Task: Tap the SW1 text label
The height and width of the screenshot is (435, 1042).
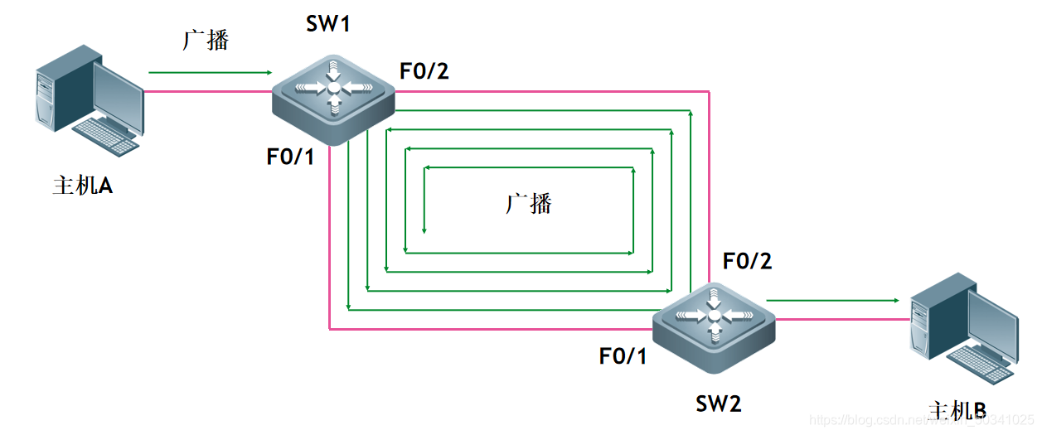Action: pos(328,24)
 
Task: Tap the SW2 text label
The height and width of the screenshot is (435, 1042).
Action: pos(718,404)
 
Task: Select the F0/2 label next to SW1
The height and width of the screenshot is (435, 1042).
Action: pos(424,71)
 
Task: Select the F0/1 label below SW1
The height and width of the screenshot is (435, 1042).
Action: pos(290,157)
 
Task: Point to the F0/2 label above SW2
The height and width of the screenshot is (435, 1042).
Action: pos(747,261)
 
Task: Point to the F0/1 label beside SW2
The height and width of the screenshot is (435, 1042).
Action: pos(623,356)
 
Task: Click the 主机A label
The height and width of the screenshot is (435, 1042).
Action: pos(83,186)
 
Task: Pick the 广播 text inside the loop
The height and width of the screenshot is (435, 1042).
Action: pos(528,203)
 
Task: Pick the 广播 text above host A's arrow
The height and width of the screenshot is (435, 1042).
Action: pos(206,40)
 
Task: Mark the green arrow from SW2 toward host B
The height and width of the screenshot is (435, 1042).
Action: pos(832,300)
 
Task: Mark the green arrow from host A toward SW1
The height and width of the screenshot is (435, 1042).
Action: pos(210,73)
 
